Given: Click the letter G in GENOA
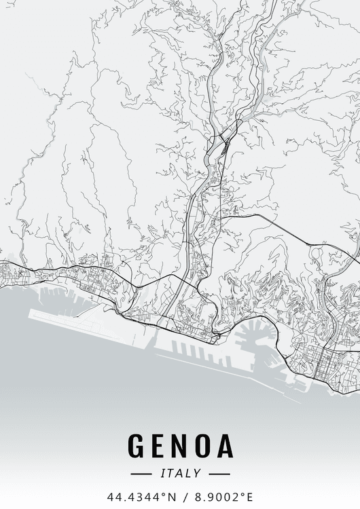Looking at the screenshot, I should tap(138, 447).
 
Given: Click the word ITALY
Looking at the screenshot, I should tap(180, 474).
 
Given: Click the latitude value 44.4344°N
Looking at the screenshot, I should tap(136, 496).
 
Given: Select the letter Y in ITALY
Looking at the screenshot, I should tap(198, 474).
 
